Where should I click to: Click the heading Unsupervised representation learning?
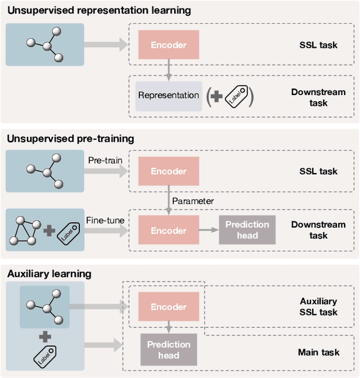(x=98, y=11)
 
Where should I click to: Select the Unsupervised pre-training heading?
(x=70, y=139)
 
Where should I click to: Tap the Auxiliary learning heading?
(x=49, y=274)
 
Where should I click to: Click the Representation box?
(x=168, y=95)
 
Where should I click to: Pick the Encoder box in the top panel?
(x=168, y=44)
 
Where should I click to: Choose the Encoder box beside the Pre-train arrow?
(x=168, y=172)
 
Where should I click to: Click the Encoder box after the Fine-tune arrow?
(x=168, y=231)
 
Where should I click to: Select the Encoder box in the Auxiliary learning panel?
(x=168, y=307)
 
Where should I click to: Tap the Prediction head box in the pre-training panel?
(x=247, y=229)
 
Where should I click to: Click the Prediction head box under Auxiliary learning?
(x=168, y=349)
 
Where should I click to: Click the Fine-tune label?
(x=105, y=220)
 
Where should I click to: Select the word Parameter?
(x=193, y=201)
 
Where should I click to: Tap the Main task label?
(x=318, y=352)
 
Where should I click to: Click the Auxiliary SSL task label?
(x=318, y=307)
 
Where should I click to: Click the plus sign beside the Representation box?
(x=216, y=96)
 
